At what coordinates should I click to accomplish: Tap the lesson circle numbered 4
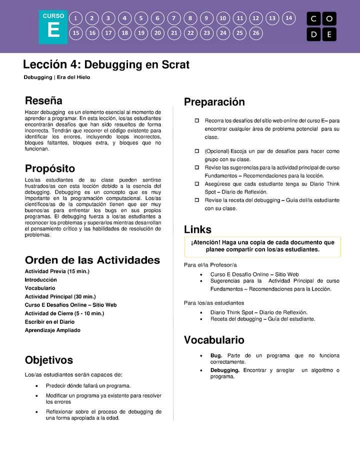click(x=124, y=18)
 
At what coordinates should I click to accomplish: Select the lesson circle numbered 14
click(x=288, y=18)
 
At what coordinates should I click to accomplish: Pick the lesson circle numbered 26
click(x=256, y=33)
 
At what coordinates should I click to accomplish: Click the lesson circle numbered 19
click(x=141, y=33)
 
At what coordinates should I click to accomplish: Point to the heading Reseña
click(x=43, y=100)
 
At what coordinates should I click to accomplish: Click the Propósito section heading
click(x=49, y=168)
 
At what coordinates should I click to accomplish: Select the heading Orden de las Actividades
click(x=92, y=260)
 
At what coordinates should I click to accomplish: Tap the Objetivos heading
click(x=48, y=360)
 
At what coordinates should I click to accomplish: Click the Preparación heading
click(x=214, y=102)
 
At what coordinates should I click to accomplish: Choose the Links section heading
click(x=197, y=229)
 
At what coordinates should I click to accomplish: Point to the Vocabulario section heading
click(x=214, y=340)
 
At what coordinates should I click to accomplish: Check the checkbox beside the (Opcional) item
click(x=196, y=151)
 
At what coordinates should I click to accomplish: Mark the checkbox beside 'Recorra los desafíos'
click(x=196, y=120)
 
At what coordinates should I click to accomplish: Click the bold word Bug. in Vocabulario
click(x=216, y=355)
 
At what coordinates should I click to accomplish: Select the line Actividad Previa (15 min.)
click(x=57, y=271)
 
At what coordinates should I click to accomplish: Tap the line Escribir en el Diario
click(x=49, y=322)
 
